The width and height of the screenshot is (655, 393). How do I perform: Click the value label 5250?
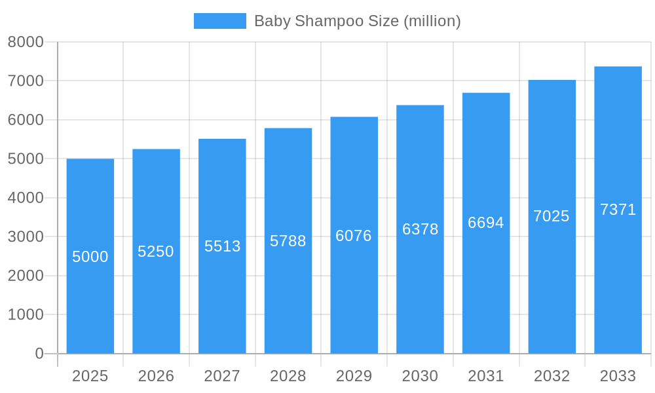156,252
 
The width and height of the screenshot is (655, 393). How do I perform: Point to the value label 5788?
288,241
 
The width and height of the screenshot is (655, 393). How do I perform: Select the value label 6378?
420,229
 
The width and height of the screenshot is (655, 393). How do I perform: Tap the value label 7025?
552,216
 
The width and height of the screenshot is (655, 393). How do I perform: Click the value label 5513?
222,246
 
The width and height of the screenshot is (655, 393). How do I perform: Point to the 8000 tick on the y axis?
26,42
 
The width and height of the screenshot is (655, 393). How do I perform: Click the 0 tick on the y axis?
39,354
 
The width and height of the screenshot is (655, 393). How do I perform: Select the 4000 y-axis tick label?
26,198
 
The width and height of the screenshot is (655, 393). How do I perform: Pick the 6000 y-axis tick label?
26,120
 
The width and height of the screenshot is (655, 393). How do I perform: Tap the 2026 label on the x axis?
156,376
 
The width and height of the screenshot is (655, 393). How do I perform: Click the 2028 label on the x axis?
288,376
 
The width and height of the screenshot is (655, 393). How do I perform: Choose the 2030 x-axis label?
420,376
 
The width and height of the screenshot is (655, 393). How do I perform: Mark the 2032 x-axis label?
552,376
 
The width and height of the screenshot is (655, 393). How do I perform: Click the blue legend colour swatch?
220,21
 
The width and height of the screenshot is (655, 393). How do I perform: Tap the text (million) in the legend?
432,21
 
